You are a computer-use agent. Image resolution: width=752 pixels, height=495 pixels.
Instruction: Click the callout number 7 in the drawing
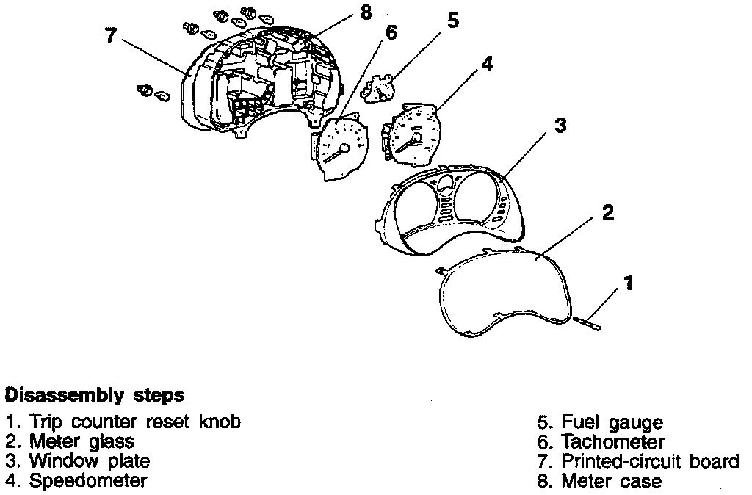pyautogui.click(x=111, y=36)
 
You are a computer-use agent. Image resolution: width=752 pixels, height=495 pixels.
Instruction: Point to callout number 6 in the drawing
pyautogui.click(x=391, y=34)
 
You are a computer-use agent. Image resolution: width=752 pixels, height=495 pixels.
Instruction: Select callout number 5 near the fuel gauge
pyautogui.click(x=452, y=21)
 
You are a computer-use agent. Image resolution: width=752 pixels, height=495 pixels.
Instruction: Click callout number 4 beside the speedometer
pyautogui.click(x=487, y=64)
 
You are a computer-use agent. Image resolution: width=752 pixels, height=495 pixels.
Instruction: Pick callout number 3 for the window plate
pyautogui.click(x=560, y=125)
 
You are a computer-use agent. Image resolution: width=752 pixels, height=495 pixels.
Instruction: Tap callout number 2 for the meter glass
pyautogui.click(x=607, y=213)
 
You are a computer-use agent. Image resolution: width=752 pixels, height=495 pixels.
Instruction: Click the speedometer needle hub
pyautogui.click(x=416, y=137)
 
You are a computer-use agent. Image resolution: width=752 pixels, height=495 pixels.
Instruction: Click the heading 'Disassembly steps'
pyautogui.click(x=95, y=395)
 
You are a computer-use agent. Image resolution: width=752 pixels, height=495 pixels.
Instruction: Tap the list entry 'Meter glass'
pyautogui.click(x=82, y=442)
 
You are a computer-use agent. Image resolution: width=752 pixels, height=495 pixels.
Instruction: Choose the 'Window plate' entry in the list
pyautogui.click(x=89, y=461)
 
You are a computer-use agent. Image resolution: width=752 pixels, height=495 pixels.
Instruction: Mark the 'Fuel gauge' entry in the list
pyautogui.click(x=612, y=423)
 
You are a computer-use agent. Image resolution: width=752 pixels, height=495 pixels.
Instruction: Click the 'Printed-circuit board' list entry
pyautogui.click(x=649, y=461)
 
